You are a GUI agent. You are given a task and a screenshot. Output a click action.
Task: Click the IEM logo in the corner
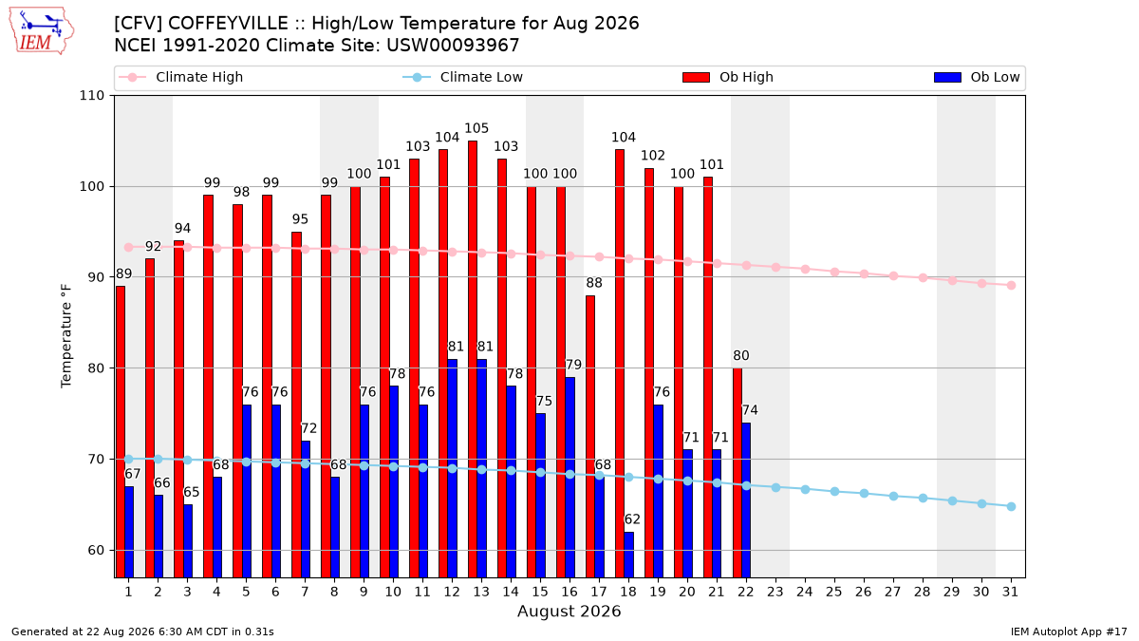pos(41,31)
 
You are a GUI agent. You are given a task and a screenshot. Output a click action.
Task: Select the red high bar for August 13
pos(473,359)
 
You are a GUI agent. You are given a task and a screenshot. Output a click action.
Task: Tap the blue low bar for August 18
pos(628,555)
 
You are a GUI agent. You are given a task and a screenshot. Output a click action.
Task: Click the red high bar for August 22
pos(738,473)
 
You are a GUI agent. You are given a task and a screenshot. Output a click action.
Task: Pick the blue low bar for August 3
pos(188,540)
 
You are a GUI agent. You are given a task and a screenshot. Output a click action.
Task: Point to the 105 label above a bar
pos(476,128)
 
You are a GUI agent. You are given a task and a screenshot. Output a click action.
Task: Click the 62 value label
pos(632,519)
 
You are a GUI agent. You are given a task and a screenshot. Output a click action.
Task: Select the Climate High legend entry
pos(180,77)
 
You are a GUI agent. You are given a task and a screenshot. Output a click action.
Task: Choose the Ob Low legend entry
pos(977,77)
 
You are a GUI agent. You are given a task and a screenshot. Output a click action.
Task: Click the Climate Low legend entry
pos(463,77)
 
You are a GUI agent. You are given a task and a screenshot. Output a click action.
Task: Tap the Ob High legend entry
pos(728,77)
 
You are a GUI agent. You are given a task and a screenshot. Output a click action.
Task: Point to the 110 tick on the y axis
pos(91,96)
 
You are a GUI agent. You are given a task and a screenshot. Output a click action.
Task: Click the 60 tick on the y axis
pos(96,551)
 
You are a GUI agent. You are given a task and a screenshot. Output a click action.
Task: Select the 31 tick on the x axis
pos(1010,592)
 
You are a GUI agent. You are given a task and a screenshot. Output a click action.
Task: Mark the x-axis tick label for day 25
pos(834,592)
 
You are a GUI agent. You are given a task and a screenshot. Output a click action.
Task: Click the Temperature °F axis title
pos(66,337)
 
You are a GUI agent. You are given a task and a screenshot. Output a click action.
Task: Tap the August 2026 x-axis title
pos(569,611)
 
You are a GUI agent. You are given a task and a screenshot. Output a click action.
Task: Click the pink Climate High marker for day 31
pos(1011,286)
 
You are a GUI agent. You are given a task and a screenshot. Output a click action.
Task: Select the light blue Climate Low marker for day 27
pos(893,496)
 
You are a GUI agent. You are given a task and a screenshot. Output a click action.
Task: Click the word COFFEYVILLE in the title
pos(228,24)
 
